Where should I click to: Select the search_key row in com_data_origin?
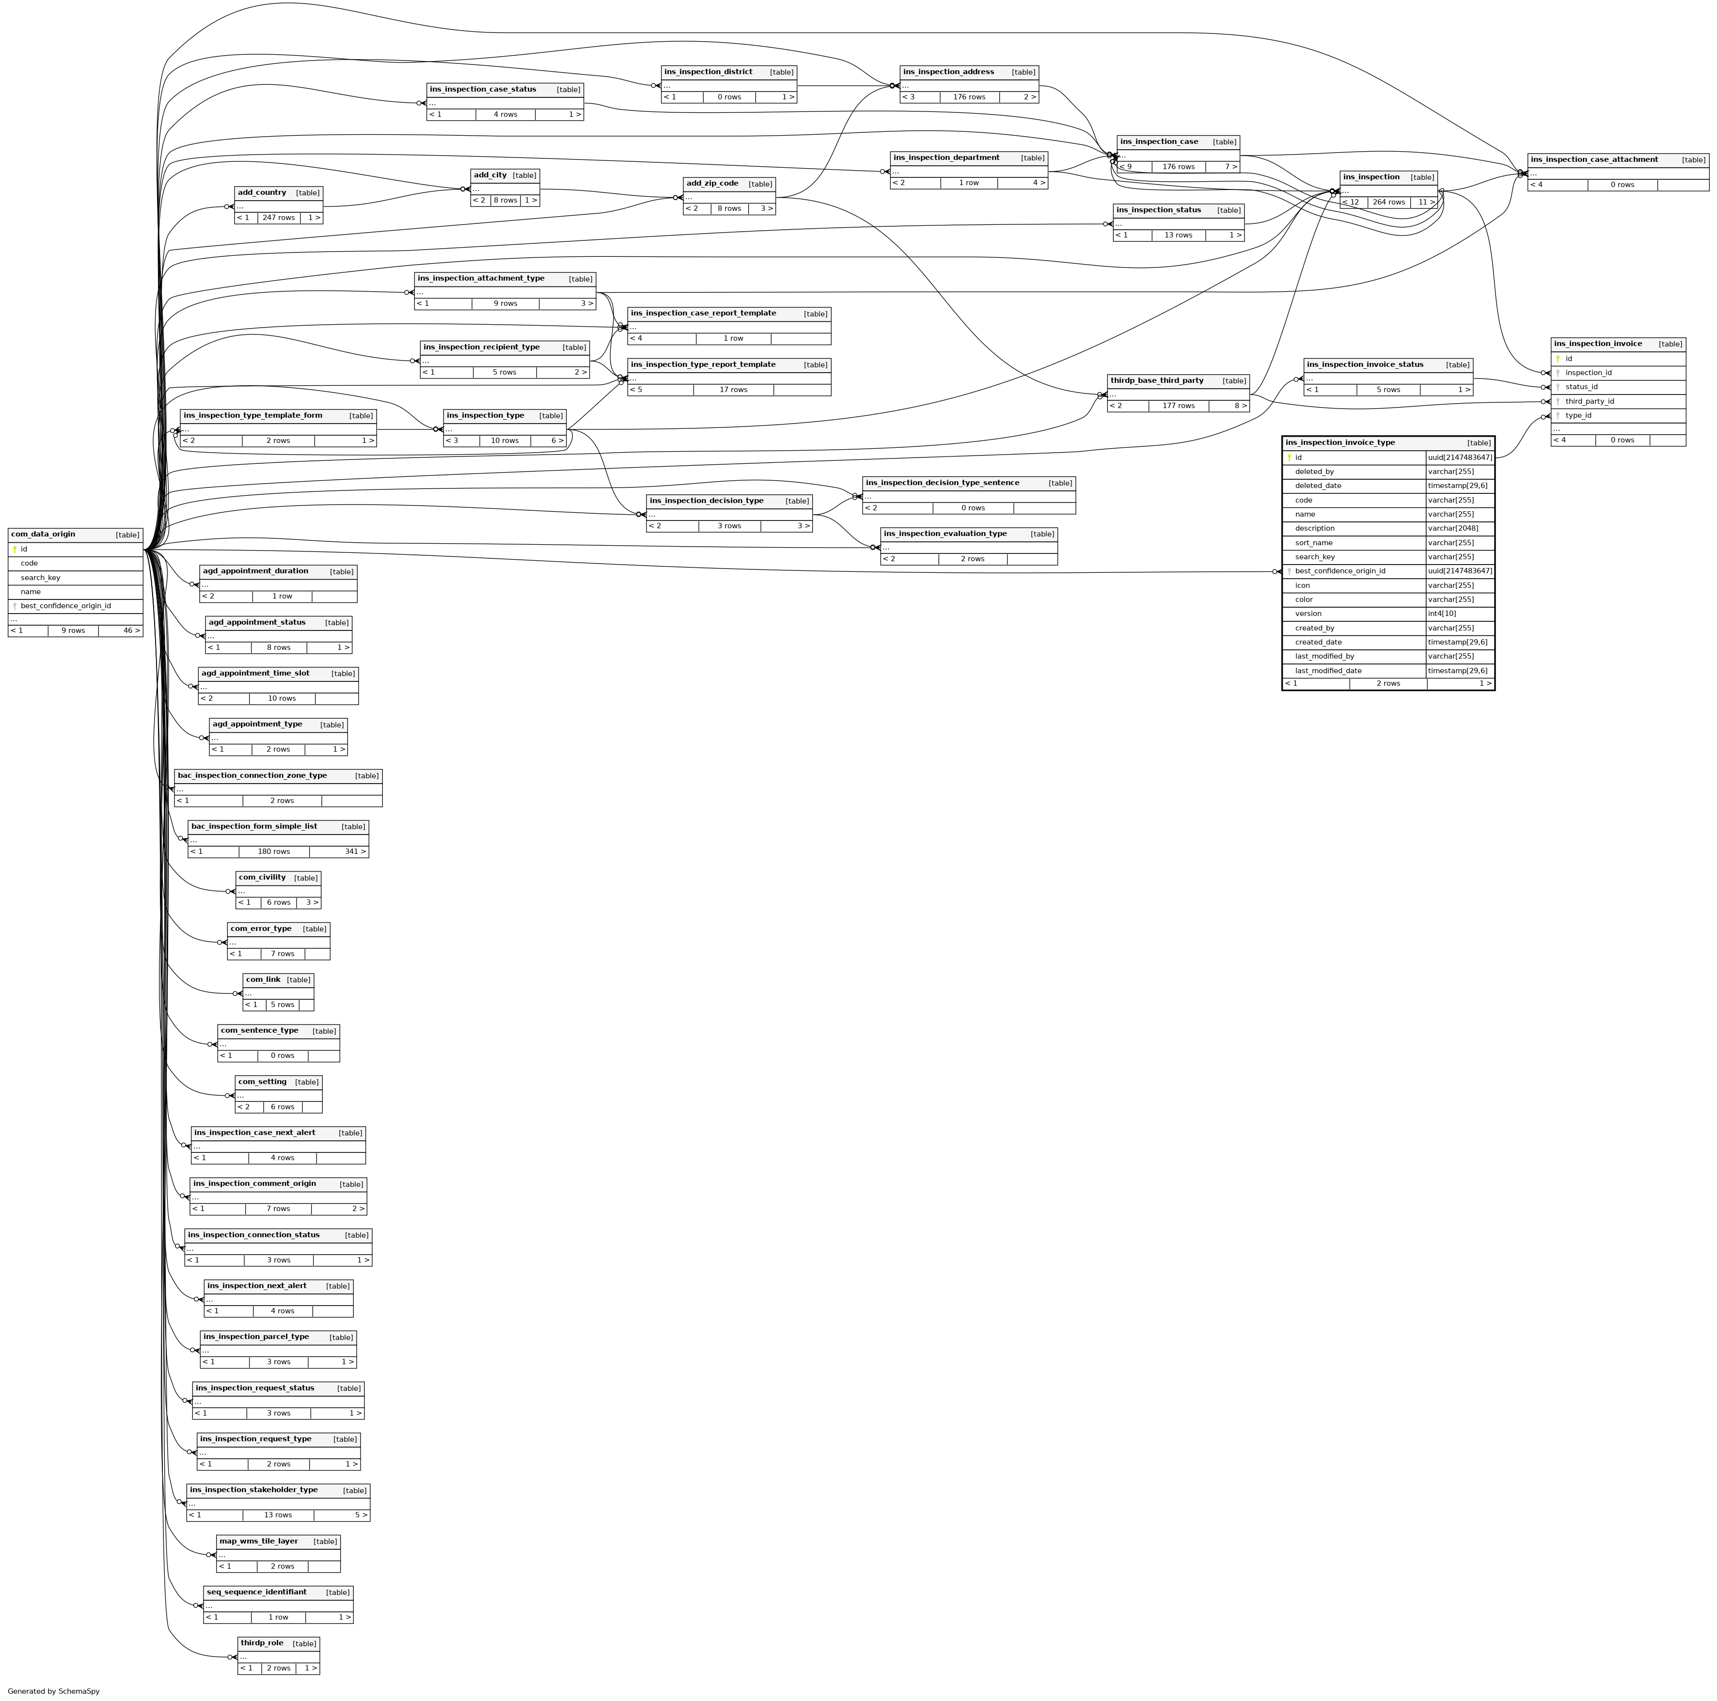click(x=41, y=578)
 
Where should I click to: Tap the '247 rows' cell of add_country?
click(x=278, y=218)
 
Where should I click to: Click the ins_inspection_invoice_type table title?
click(x=1339, y=442)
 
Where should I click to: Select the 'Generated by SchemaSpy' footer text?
click(x=53, y=1691)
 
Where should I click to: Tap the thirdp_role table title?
click(x=262, y=1643)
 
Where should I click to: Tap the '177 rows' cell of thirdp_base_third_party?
click(x=1179, y=406)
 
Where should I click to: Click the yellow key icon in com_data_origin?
click(x=15, y=549)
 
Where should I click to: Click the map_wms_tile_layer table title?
click(x=259, y=1541)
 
